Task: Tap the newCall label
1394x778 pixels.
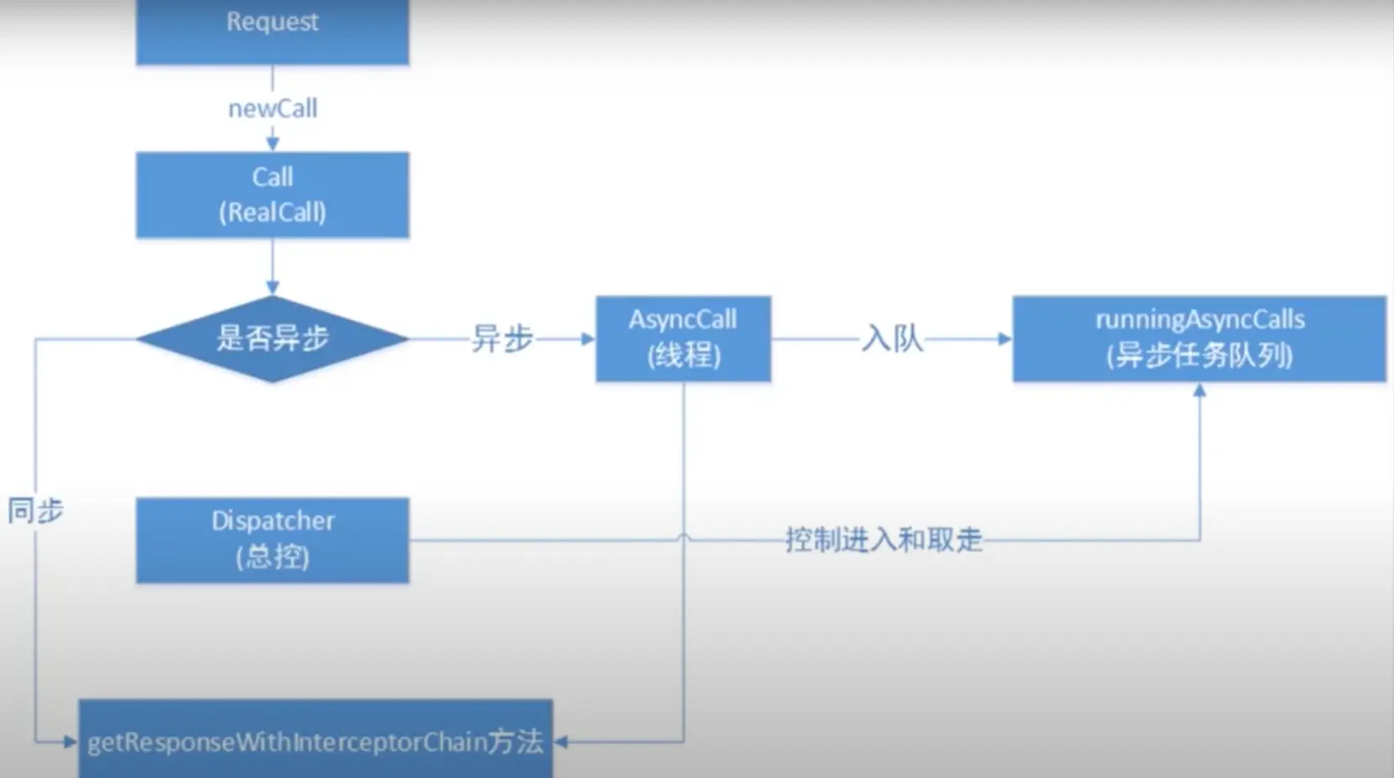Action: pos(273,109)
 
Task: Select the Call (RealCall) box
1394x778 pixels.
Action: pos(273,194)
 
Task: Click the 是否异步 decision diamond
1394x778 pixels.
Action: pos(273,338)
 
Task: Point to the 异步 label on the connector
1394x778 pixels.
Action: pos(502,338)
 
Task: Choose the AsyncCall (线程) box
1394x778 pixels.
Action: pos(683,338)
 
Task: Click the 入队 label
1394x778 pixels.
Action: pos(893,338)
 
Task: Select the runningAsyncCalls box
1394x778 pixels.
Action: pos(1199,338)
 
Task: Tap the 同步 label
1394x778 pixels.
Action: pos(35,510)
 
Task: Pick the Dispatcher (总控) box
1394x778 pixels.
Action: pos(273,540)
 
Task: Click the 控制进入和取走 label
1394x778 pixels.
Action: pos(883,540)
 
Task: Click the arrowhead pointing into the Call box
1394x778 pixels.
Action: pos(273,145)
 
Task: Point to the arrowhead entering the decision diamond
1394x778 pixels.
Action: pos(273,288)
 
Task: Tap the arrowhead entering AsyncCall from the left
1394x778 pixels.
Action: pos(588,338)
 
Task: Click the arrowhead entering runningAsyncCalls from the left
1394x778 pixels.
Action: pos(1004,338)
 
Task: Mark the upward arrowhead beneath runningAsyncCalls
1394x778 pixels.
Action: pos(1200,390)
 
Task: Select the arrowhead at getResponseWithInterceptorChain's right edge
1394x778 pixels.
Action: pos(561,742)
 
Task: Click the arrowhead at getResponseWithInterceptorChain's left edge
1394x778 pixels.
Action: pos(71,742)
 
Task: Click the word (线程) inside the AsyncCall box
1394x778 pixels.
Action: pos(683,355)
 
